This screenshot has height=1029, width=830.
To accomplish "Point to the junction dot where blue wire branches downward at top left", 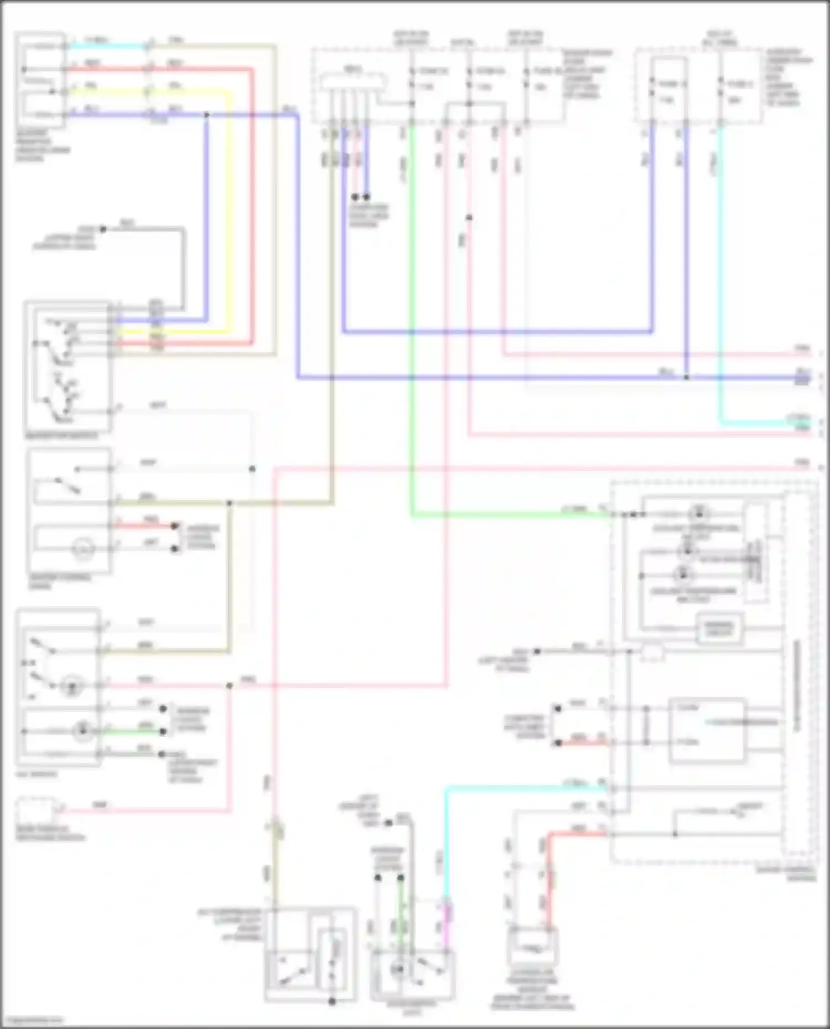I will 206,115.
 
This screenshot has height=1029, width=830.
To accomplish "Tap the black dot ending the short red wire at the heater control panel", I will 175,526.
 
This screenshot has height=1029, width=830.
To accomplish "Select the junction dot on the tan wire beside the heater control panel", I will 229,503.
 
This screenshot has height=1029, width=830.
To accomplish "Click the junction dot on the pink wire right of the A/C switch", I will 229,686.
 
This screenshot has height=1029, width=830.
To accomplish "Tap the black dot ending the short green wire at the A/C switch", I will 163,732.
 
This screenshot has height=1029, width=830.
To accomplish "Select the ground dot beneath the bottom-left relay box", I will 332,1001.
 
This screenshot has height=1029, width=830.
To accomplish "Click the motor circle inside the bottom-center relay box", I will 397,969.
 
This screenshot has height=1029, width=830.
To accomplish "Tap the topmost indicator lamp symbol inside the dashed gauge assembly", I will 699,513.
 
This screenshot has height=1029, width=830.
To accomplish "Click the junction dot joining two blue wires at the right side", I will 686,378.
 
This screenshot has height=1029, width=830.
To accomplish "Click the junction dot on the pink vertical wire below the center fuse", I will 469,217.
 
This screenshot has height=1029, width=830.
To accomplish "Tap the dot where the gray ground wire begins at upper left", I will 103,228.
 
